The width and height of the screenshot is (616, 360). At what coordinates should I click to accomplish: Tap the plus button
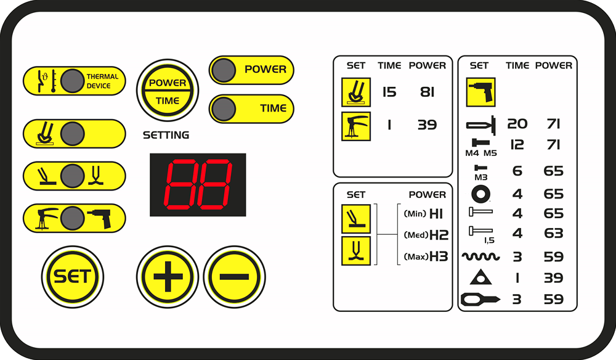pos(168,277)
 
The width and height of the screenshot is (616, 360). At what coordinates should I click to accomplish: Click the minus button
pos(235,277)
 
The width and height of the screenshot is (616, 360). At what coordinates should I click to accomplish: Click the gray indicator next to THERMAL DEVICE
pos(72,81)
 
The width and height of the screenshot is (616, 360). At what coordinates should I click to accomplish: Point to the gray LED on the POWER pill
pos(223,70)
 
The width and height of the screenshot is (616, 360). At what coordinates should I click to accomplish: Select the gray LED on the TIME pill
pos(223,109)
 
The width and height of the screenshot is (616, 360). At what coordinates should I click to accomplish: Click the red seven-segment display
pos(198,185)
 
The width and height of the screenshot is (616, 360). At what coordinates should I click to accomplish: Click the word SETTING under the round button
pos(166,135)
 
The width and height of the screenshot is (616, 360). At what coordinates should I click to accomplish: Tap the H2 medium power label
pos(439,235)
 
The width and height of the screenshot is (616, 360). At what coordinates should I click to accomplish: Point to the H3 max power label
pos(439,256)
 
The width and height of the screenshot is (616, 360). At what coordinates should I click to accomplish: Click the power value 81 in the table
pos(427,92)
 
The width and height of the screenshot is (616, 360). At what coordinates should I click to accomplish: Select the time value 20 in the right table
pos(517,124)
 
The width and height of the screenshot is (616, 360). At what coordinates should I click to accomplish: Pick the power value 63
pos(554,233)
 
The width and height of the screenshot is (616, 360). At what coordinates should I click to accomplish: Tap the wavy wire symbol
pos(481,256)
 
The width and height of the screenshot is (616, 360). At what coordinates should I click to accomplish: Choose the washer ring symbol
pos(480,194)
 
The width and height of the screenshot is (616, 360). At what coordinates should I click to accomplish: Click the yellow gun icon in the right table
pos(481,92)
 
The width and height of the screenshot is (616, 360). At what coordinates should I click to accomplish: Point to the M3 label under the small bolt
pos(481,178)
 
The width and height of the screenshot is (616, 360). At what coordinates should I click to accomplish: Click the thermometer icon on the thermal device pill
pos(54,81)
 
